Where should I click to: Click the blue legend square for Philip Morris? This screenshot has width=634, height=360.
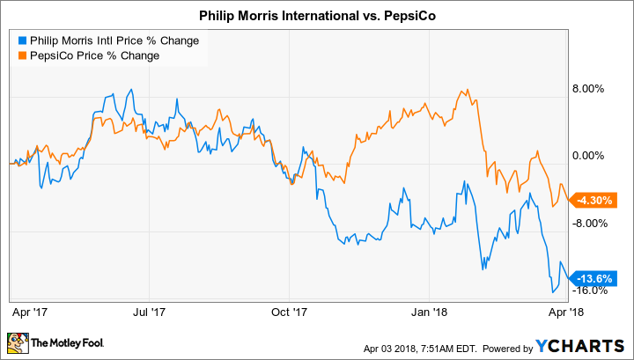tap(20, 40)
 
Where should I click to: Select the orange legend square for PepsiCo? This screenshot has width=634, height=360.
tap(20, 56)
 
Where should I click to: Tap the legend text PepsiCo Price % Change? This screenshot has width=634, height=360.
tap(95, 56)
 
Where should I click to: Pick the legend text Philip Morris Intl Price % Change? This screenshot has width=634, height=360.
tap(113, 40)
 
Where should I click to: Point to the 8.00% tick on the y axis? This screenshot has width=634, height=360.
tap(590, 89)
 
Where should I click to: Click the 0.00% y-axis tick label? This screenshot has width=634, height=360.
tap(590, 156)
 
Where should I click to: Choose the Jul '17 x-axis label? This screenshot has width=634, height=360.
tap(150, 311)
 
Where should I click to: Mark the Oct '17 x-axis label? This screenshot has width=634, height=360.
tap(288, 311)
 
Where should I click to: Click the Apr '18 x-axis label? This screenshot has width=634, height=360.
tap(562, 311)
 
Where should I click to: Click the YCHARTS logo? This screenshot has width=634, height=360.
tap(584, 342)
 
